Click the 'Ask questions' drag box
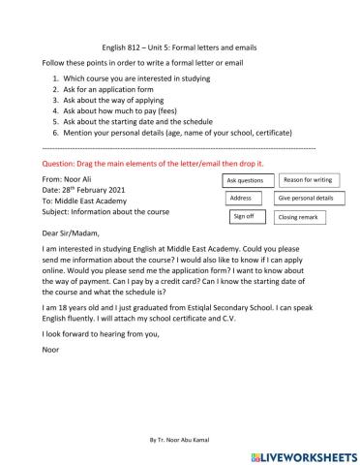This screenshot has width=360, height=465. tap(244, 180)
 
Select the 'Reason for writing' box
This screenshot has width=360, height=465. tap(309, 179)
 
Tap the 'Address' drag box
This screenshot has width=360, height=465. tap(242, 198)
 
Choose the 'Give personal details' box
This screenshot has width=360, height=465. tap(306, 198)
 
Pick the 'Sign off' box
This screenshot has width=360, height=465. tap(243, 216)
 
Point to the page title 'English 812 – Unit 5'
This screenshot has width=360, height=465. tap(179, 46)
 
